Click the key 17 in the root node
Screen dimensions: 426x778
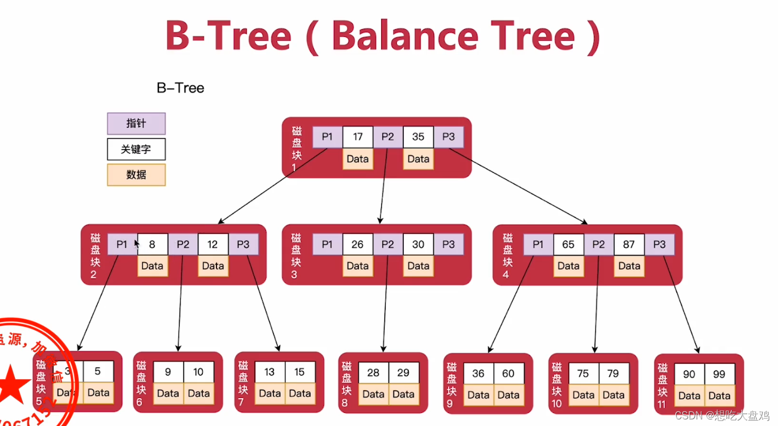coord(358,137)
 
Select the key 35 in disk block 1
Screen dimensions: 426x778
coord(418,137)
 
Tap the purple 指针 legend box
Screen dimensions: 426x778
coord(136,123)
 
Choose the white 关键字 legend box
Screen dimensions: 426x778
coord(136,149)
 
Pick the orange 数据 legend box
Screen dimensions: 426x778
coord(136,174)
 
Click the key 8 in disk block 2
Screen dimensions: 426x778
coord(152,244)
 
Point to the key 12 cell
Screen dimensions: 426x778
coord(213,244)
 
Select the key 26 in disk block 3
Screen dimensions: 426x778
coord(358,244)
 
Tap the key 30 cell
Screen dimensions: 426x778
coord(418,244)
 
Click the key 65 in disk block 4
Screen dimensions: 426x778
coord(569,244)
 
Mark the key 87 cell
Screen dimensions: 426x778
coord(629,244)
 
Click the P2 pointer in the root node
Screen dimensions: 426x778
coord(388,137)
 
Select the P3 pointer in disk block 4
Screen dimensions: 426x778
coord(659,244)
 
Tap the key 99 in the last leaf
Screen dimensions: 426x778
coord(719,374)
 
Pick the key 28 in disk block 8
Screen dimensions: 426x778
coord(374,373)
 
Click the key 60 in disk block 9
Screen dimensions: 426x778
coord(508,374)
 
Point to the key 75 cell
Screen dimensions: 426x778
coord(583,374)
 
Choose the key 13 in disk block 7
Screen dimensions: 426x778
coord(270,372)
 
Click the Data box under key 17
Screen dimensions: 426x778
coord(358,159)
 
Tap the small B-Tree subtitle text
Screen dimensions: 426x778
coord(180,88)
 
